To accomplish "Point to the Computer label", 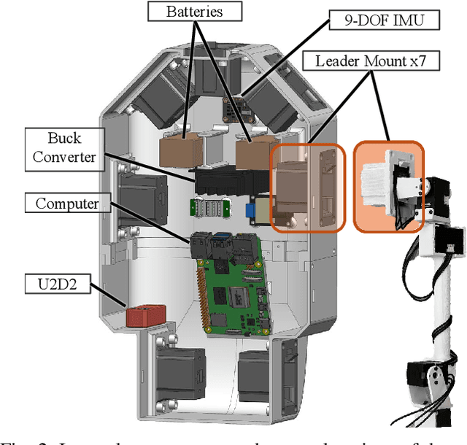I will point(66,203).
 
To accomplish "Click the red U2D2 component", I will point(145,316).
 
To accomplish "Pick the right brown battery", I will point(252,152).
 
